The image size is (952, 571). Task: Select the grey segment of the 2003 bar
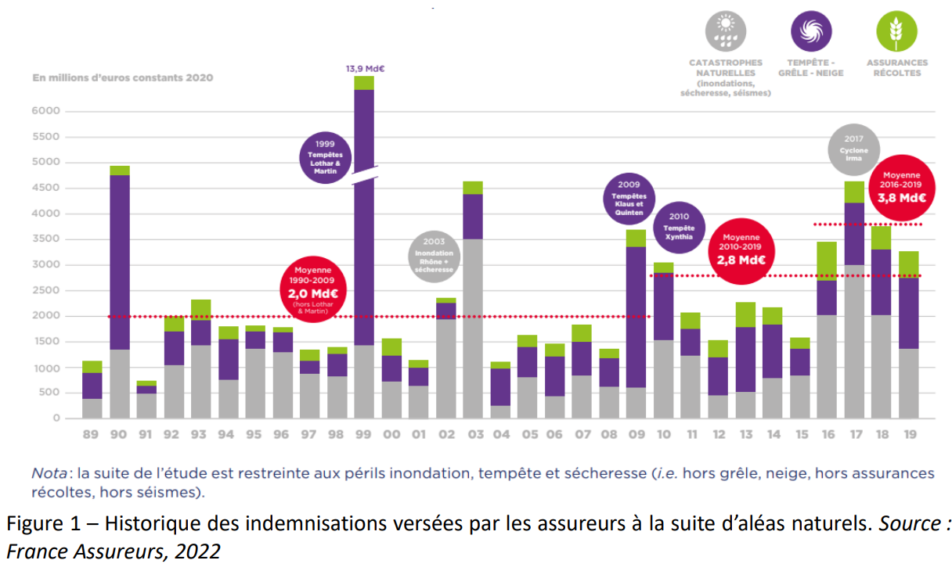point(472,329)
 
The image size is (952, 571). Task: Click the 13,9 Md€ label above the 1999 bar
point(365,69)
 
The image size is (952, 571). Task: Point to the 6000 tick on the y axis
point(46,111)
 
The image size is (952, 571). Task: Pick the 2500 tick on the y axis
point(46,290)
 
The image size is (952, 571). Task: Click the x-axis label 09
point(636,433)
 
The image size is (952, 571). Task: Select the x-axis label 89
point(92,433)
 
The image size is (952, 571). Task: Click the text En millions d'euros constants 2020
point(122,77)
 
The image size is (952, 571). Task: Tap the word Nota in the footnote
point(48,474)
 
